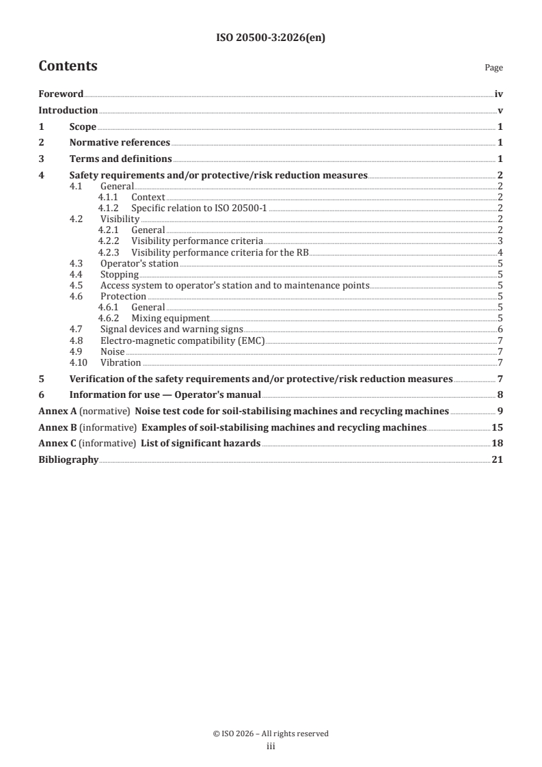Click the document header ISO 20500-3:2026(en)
pos(271,38)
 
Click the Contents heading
pos(68,66)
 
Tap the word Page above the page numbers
pos(493,68)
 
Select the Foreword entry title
pos(61,94)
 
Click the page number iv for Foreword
pos(499,94)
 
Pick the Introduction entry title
pos(68,110)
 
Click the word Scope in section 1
pos(83,126)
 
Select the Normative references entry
pos(120,143)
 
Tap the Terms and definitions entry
pos(120,159)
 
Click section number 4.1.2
pos(108,208)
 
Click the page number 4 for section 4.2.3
pos(501,252)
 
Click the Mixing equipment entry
pos(170,318)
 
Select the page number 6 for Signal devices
pos(501,329)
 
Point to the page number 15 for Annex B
pos(498,427)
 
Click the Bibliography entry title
pos(68,460)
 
